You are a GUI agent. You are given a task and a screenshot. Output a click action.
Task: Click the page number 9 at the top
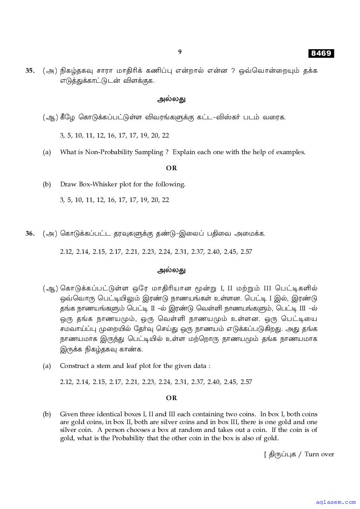pos(180,52)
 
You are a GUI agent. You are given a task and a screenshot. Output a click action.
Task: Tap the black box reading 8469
pos(321,54)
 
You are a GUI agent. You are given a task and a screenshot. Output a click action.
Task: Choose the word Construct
pos(73,366)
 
